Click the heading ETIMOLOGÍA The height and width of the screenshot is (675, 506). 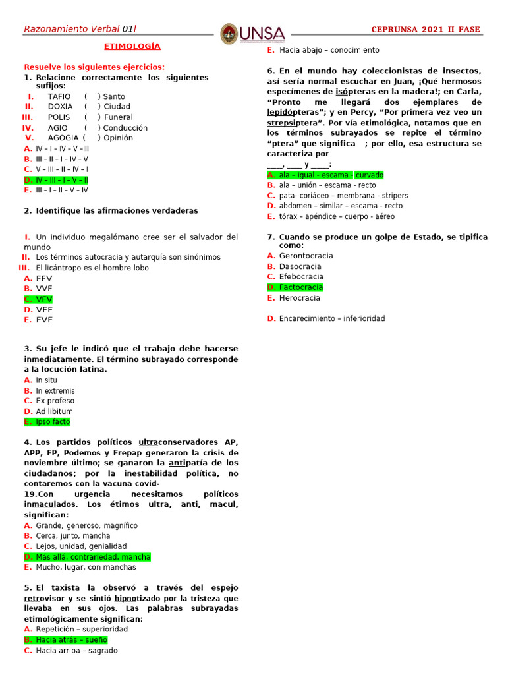(132, 47)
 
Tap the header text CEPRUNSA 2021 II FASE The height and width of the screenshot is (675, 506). (426, 29)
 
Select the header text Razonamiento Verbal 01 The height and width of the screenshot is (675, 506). (79, 29)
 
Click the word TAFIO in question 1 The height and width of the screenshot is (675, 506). (59, 96)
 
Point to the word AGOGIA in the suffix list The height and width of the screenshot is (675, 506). (63, 138)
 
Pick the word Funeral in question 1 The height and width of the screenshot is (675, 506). (119, 117)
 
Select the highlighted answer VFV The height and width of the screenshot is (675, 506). (44, 299)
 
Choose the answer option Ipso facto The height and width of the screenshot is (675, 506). (53, 422)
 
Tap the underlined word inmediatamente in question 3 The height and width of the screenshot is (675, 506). (57, 359)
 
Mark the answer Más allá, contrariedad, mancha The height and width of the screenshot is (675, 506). (93, 557)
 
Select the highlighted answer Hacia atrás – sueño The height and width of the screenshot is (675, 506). (71, 640)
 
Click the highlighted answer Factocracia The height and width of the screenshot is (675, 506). (300, 287)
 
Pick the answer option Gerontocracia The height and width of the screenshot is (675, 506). (306, 256)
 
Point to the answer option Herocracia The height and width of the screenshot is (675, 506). (300, 298)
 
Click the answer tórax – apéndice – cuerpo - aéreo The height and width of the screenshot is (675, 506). (337, 216)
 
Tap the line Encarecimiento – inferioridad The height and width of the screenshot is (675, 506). (331, 319)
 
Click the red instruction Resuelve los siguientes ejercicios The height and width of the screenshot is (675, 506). (94, 67)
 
